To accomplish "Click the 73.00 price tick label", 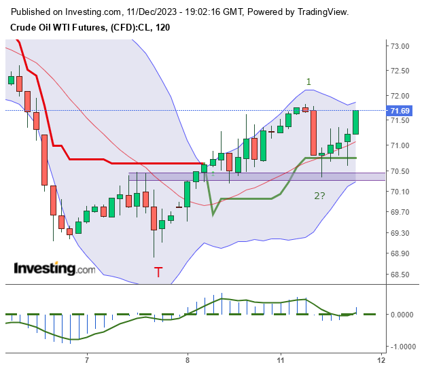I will click(399, 46).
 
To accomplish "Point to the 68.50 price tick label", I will click(399, 275).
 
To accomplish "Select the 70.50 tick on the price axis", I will click(399, 171).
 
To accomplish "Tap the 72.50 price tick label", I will click(399, 71).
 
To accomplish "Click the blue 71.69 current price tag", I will click(399, 111).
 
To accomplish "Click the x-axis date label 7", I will click(87, 359).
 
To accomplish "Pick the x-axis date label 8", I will click(187, 359).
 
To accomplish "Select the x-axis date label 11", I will click(280, 359).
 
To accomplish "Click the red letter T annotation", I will click(158, 273).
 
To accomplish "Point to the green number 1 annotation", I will click(308, 82).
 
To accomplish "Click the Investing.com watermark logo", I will click(55, 269).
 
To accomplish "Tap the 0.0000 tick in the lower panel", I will click(401, 315).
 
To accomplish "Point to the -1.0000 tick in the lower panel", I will click(400, 346).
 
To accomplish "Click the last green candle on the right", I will click(356, 122).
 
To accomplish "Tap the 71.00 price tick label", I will click(399, 145).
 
